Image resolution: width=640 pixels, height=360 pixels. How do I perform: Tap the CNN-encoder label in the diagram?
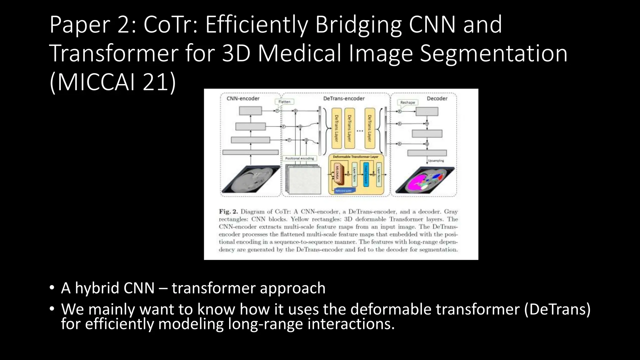pyautogui.click(x=243, y=98)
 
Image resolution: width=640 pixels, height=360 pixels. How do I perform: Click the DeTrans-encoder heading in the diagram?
pyautogui.click(x=344, y=98)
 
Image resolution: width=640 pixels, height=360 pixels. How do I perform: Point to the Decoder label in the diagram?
pyautogui.click(x=437, y=98)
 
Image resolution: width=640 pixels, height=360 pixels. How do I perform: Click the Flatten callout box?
pyautogui.click(x=284, y=102)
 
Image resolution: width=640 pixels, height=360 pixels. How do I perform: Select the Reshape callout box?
pyautogui.click(x=407, y=102)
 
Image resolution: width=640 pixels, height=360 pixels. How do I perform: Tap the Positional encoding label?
pyautogui.click(x=299, y=158)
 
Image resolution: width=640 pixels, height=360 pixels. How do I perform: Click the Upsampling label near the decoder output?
pyautogui.click(x=436, y=161)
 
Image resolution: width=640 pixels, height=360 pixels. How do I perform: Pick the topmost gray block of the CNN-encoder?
pyautogui.click(x=250, y=111)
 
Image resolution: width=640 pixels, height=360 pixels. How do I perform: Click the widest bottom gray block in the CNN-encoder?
pyautogui.click(x=250, y=152)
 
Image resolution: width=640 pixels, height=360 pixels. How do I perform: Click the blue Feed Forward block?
pyautogui.click(x=366, y=174)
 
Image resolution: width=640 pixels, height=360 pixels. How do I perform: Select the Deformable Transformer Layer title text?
pyautogui.click(x=355, y=157)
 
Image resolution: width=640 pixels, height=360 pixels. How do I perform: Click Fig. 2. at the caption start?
pyautogui.click(x=228, y=212)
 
